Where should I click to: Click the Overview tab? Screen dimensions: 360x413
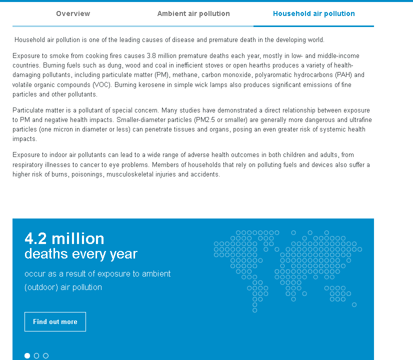point(73,13)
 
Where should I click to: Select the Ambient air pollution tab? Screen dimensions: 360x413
point(193,13)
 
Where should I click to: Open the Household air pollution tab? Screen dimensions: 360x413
point(313,13)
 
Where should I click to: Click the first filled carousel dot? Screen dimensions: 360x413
point(27,355)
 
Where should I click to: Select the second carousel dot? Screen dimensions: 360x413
point(36,355)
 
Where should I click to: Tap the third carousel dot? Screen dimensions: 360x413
point(46,355)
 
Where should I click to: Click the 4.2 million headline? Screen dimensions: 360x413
point(64,238)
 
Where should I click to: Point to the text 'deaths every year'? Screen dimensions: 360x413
point(80,254)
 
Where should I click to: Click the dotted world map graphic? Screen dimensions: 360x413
point(287,270)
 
